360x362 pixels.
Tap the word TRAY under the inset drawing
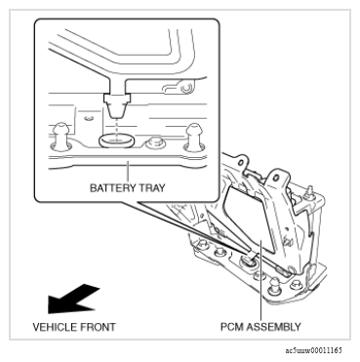(x=152, y=188)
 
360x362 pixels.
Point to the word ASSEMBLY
(x=273, y=327)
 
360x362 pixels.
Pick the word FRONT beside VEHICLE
(x=96, y=327)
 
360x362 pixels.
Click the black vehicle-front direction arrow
(x=72, y=300)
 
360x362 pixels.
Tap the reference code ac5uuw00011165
(x=314, y=350)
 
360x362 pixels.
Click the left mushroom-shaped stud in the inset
(x=60, y=137)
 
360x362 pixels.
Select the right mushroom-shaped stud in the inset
(x=194, y=137)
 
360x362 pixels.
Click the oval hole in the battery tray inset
(x=116, y=141)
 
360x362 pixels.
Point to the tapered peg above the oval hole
(x=116, y=106)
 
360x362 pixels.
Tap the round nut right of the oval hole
(x=156, y=143)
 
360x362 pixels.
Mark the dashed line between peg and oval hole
(x=116, y=130)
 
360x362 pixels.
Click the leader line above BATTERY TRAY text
(x=128, y=172)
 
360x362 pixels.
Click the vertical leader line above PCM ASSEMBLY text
(x=260, y=286)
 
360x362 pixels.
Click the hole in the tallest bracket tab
(x=276, y=178)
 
